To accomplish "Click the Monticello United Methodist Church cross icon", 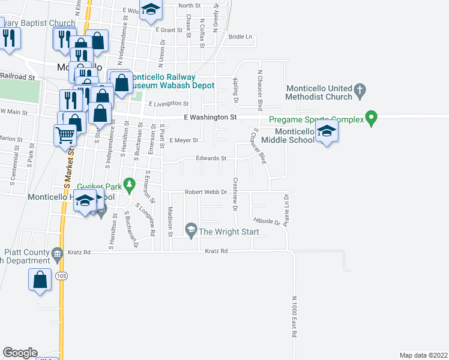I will point(360,91).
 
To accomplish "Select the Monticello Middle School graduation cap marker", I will point(327,131).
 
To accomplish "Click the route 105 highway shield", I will point(62,276).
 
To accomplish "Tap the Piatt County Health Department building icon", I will point(57,253).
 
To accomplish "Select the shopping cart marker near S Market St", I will point(65,134).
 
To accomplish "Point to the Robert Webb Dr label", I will point(205,193).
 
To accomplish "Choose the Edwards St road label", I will point(211,158).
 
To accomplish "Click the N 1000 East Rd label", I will point(295,317).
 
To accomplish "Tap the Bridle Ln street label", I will point(241,37).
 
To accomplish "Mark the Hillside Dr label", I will point(267,221).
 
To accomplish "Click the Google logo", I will point(20,353).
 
